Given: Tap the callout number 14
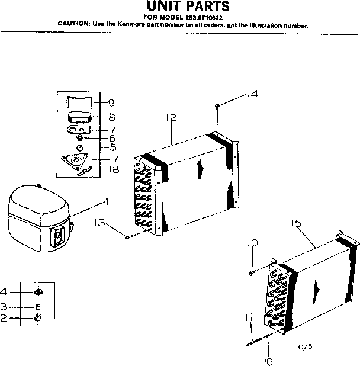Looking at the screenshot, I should [253, 94].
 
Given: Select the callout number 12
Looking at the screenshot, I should [172, 118].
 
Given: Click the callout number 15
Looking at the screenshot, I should [297, 223].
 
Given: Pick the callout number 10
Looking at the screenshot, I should [253, 243].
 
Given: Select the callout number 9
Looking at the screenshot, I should [111, 103].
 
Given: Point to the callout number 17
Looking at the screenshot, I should [111, 158].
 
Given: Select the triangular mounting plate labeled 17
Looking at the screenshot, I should [75, 161].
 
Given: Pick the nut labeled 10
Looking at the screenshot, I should [252, 272].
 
